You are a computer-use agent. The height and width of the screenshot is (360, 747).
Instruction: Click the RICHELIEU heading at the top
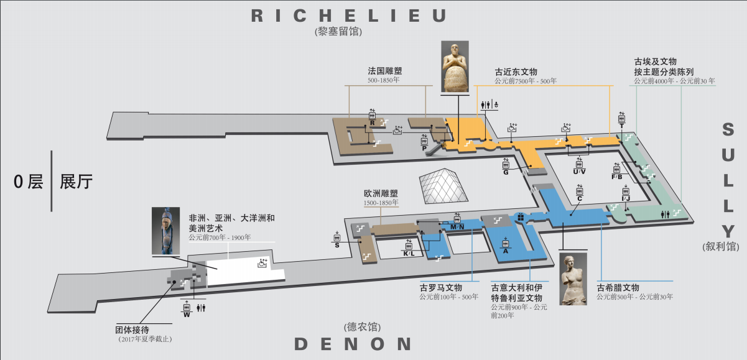(x=348, y=16)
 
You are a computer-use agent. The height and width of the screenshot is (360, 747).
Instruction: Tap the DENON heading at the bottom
(x=353, y=344)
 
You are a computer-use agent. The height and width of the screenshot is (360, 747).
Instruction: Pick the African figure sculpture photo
(x=166, y=231)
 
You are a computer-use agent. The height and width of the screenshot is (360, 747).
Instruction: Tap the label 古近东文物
(x=516, y=72)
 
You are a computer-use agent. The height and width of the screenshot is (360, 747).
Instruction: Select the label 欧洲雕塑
(x=381, y=193)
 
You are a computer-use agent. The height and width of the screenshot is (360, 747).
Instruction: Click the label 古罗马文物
(x=441, y=288)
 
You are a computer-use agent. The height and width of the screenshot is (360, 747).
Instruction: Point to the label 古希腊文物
(x=618, y=288)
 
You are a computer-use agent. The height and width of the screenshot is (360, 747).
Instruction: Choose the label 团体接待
(x=132, y=329)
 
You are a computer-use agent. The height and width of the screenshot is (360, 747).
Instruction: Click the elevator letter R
(x=372, y=123)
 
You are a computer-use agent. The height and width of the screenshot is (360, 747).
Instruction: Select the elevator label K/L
(x=409, y=254)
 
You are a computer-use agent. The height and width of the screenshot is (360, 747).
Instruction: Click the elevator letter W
(x=186, y=315)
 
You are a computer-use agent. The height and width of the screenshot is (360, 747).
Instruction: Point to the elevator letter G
(x=506, y=172)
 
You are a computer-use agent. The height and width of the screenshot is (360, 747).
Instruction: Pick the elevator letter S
(x=336, y=245)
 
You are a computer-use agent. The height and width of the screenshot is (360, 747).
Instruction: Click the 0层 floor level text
(x=29, y=182)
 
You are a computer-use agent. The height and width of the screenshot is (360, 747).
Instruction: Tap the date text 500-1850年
(x=383, y=81)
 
